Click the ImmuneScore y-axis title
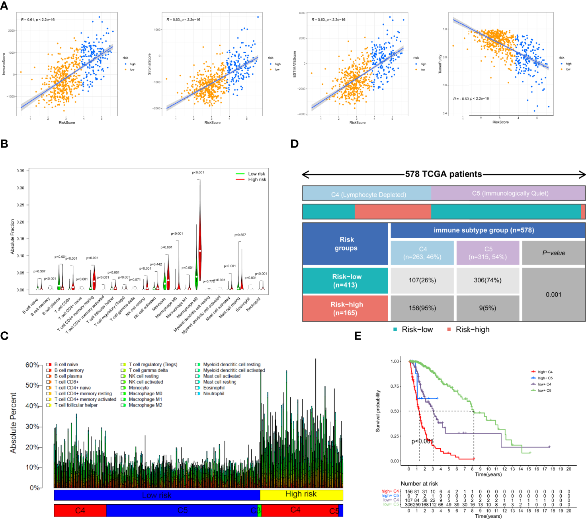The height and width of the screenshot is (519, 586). tap(4, 64)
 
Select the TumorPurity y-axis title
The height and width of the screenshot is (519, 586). tap(440, 64)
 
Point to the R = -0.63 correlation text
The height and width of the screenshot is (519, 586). tap(471, 99)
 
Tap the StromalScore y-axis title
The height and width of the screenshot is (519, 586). tap(149, 64)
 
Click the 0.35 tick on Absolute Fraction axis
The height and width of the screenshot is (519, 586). tap(20, 171)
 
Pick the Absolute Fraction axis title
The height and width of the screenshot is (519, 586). tap(12, 237)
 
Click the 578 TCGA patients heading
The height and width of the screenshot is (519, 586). tap(443, 174)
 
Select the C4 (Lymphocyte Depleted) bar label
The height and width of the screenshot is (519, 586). tap(368, 194)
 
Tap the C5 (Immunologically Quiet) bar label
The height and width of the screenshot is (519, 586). tap(510, 193)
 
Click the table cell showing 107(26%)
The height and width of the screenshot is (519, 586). tap(422, 280)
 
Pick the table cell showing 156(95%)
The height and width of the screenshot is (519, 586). tap(422, 308)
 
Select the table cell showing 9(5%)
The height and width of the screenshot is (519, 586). tap(487, 308)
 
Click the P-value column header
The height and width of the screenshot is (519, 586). tap(553, 253)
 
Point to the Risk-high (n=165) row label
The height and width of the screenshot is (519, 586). tap(346, 309)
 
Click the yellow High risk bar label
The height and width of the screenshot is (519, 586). tap(301, 494)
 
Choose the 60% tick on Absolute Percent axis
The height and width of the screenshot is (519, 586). tap(32, 365)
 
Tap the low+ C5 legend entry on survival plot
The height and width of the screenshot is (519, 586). tap(544, 391)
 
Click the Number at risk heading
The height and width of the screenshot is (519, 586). tap(419, 484)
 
